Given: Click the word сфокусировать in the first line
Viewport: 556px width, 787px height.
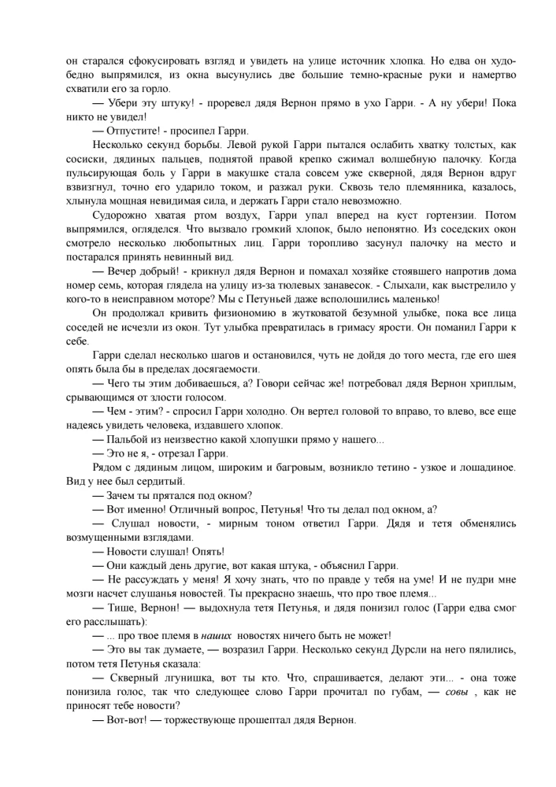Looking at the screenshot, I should (x=146, y=61).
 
